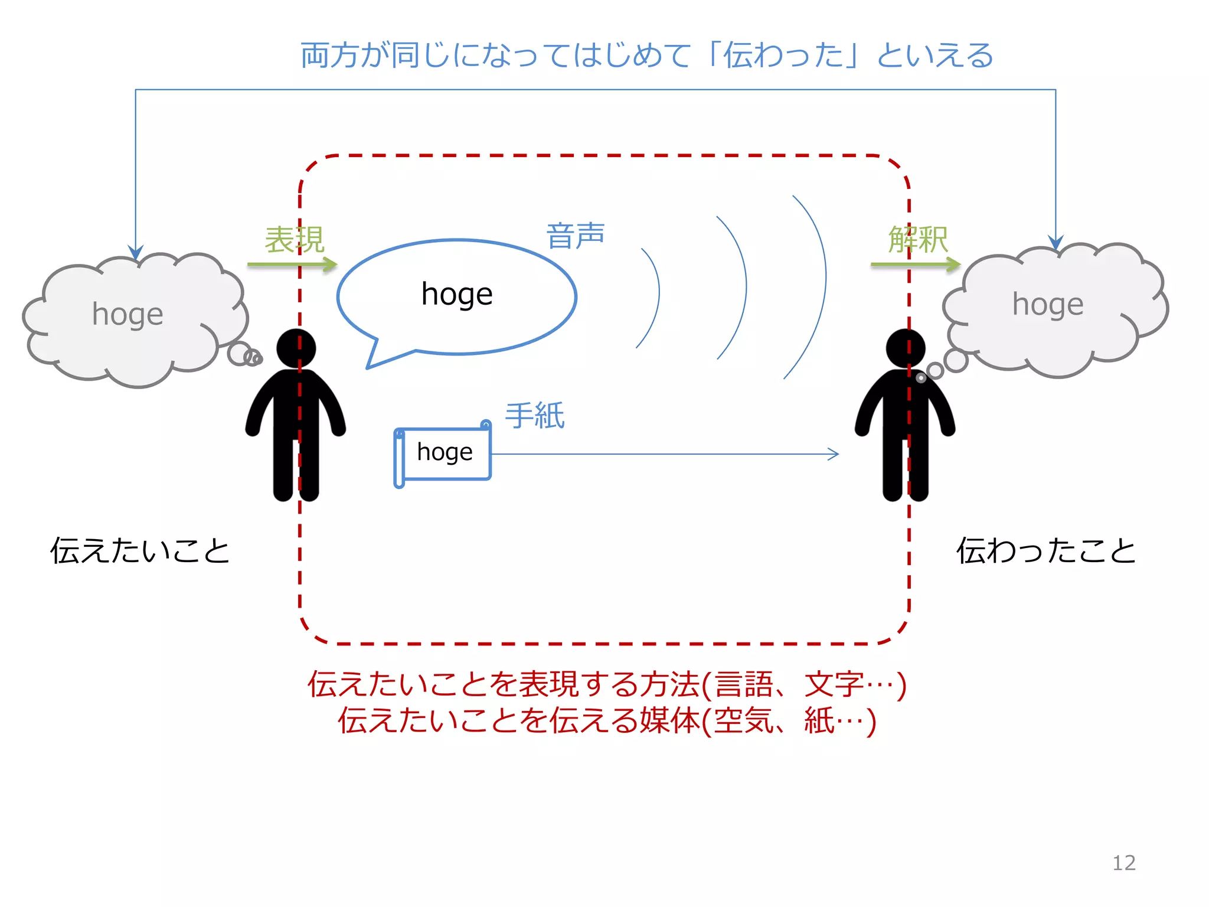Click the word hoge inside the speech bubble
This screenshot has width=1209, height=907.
point(457,294)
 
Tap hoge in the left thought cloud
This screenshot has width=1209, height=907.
point(128,314)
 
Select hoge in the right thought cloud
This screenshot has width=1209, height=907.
point(1048,304)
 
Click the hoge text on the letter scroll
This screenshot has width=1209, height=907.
point(445,452)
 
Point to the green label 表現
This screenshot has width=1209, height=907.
point(294,240)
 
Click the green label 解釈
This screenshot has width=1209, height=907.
point(918,240)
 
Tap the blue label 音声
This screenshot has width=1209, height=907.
point(576,236)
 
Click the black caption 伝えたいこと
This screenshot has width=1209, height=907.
point(140,550)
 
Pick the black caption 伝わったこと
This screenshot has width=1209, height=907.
point(1046,550)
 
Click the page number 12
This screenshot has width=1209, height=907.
point(1123,863)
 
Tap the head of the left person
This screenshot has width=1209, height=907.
point(296,348)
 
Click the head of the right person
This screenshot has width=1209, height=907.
point(905,348)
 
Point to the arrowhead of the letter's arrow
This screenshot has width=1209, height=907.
point(834,454)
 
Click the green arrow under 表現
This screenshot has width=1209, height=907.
point(292,265)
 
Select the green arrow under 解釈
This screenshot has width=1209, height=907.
point(915,265)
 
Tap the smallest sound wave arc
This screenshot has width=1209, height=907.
point(657,295)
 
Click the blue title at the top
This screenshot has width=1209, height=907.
point(647,56)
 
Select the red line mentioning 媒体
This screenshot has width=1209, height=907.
point(607,721)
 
